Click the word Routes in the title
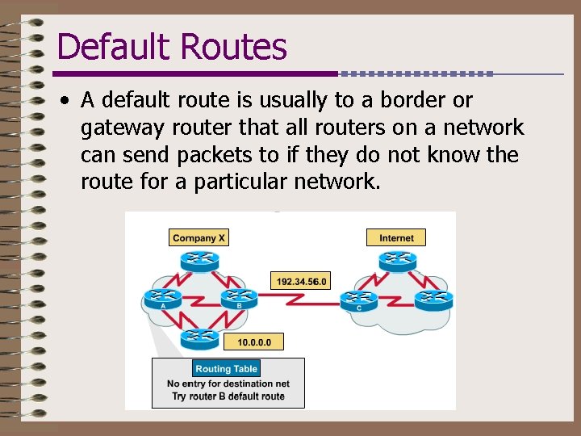point(233,47)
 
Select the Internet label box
point(396,237)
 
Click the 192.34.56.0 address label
point(300,281)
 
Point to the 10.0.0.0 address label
point(254,342)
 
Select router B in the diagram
point(237,299)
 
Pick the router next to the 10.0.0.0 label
point(199,337)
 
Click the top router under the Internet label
point(396,259)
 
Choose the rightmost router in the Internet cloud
point(434,299)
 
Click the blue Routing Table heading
point(226,369)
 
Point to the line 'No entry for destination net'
point(228,384)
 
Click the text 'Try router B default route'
point(228,396)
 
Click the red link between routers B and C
point(299,300)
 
